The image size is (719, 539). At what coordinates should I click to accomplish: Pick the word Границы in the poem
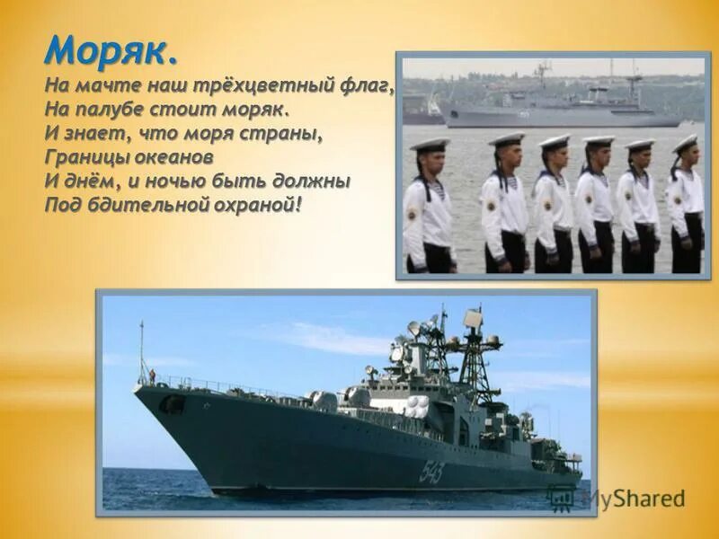pyautogui.click(x=83, y=157)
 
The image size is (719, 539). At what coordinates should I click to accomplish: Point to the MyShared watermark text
pyautogui.click(x=633, y=499)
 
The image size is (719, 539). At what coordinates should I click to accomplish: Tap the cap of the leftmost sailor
pyautogui.click(x=429, y=144)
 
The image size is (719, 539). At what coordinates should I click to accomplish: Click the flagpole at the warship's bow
pyautogui.click(x=140, y=350)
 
